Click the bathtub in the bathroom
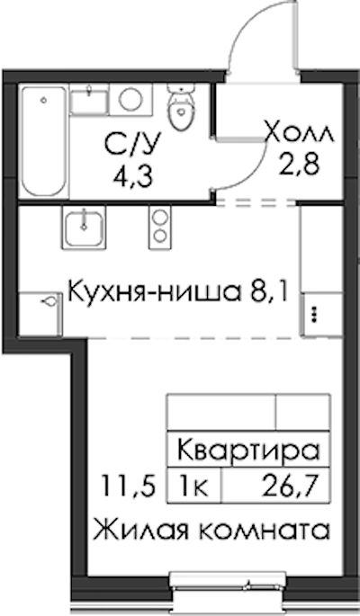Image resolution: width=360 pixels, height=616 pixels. point(44,141)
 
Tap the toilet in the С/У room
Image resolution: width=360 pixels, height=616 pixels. point(180,107)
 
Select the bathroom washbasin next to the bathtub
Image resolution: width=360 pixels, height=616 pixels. point(89,101)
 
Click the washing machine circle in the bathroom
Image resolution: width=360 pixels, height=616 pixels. point(130,99)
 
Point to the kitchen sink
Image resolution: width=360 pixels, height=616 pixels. point(84,228)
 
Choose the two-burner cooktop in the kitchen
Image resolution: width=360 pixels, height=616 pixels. point(159,228)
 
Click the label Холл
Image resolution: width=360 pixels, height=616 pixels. point(300,134)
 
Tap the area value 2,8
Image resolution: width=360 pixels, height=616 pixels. point(299,164)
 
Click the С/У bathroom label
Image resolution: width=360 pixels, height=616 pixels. point(133,146)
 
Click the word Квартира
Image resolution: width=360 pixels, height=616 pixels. point(248,451)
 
